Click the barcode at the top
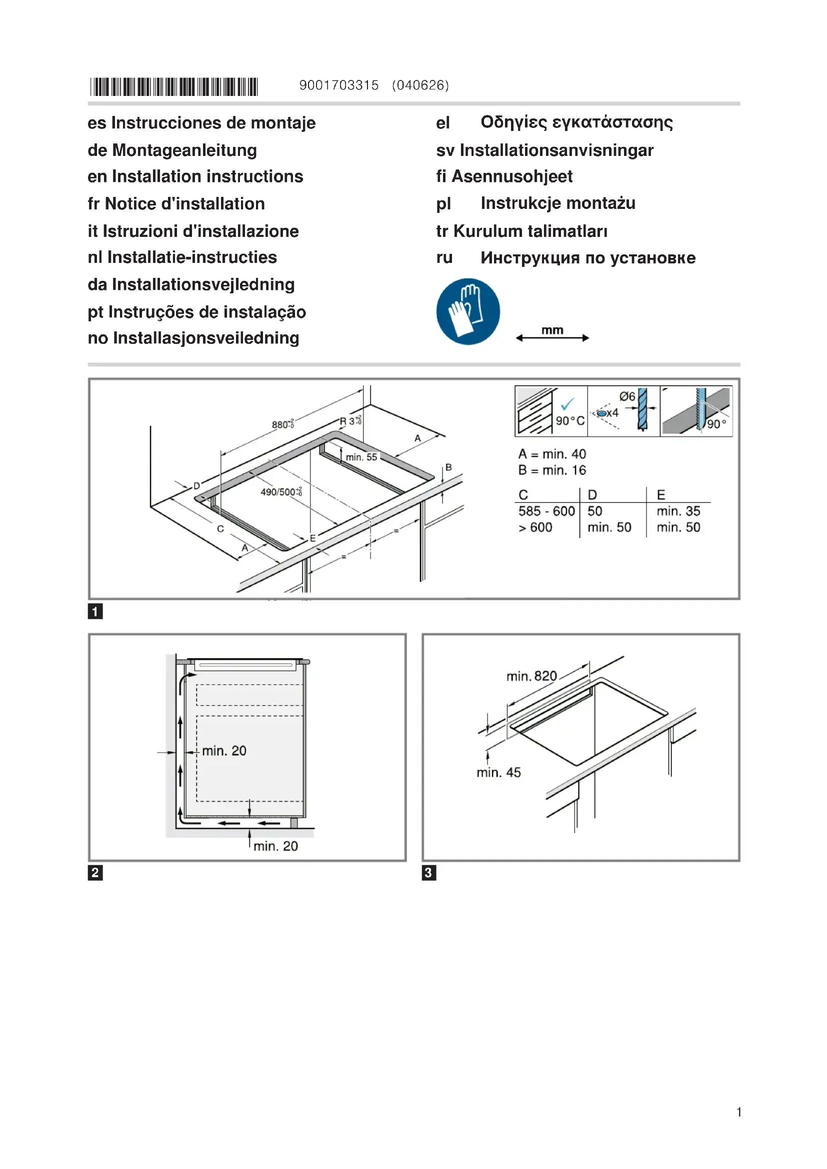(x=174, y=86)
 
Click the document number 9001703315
(x=338, y=85)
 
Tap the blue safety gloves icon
(x=468, y=311)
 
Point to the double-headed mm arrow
(x=552, y=337)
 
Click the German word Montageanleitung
(x=184, y=150)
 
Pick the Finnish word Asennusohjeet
(x=512, y=176)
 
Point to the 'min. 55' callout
(x=361, y=457)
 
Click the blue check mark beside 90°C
(x=567, y=404)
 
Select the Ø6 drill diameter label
(x=627, y=396)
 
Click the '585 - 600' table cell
(x=546, y=511)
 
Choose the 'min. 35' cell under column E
(x=678, y=511)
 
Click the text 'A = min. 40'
(x=552, y=454)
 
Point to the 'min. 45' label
(x=498, y=772)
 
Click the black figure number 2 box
(x=95, y=873)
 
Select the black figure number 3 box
(x=429, y=873)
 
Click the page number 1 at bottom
(x=738, y=1112)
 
